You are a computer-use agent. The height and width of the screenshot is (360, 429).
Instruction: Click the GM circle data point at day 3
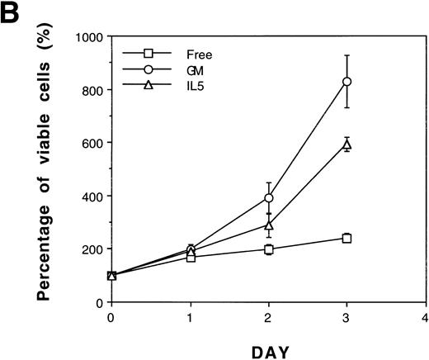tap(347, 81)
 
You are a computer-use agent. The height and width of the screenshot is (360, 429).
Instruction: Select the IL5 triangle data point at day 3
tap(347, 144)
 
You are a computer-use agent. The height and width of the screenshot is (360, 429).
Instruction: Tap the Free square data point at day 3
tap(347, 238)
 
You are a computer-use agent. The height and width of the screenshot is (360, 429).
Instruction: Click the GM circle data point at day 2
tap(269, 198)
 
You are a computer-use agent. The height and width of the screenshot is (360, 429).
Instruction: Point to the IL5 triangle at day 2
tap(269, 224)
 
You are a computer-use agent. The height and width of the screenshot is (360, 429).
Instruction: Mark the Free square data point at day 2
tap(269, 249)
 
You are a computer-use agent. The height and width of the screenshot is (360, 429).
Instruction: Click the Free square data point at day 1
tap(191, 258)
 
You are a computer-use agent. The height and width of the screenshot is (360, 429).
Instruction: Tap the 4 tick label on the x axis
tap(426, 317)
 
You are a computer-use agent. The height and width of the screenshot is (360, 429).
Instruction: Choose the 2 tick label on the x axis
tap(269, 317)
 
